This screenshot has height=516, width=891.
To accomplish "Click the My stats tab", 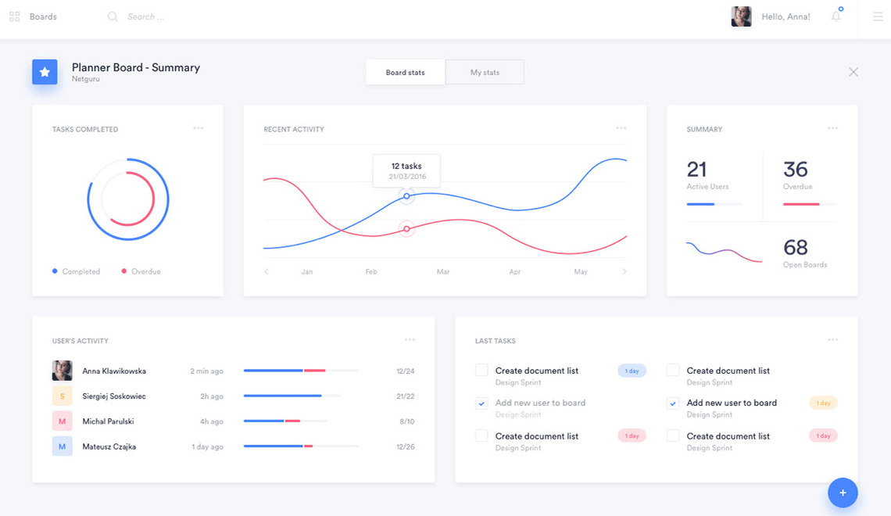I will point(485,72).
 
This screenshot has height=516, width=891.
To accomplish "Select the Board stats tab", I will point(405,72).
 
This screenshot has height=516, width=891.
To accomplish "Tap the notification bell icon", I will point(836,16).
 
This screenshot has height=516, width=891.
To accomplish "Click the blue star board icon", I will point(45,72).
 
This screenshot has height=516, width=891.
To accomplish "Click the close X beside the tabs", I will point(853,72).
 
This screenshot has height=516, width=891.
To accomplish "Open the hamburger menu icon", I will point(878,16).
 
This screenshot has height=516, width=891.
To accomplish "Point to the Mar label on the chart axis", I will point(443,272).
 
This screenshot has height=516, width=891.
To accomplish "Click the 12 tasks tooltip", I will point(406,170).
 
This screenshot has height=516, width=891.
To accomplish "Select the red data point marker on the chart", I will point(406,228).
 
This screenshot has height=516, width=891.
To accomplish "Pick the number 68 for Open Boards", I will point(796,248).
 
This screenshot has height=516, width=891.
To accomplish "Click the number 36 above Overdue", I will point(796,170).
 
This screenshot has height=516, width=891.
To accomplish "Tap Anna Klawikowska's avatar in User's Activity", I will point(63,371).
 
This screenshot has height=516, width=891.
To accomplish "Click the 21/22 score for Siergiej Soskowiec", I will point(406,396).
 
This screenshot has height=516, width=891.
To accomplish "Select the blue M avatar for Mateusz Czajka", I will point(63,446).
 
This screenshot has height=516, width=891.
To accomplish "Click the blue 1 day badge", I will point(632,371).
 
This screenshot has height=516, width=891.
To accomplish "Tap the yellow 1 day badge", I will point(823,403).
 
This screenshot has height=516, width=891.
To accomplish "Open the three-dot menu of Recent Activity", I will point(621,128).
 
